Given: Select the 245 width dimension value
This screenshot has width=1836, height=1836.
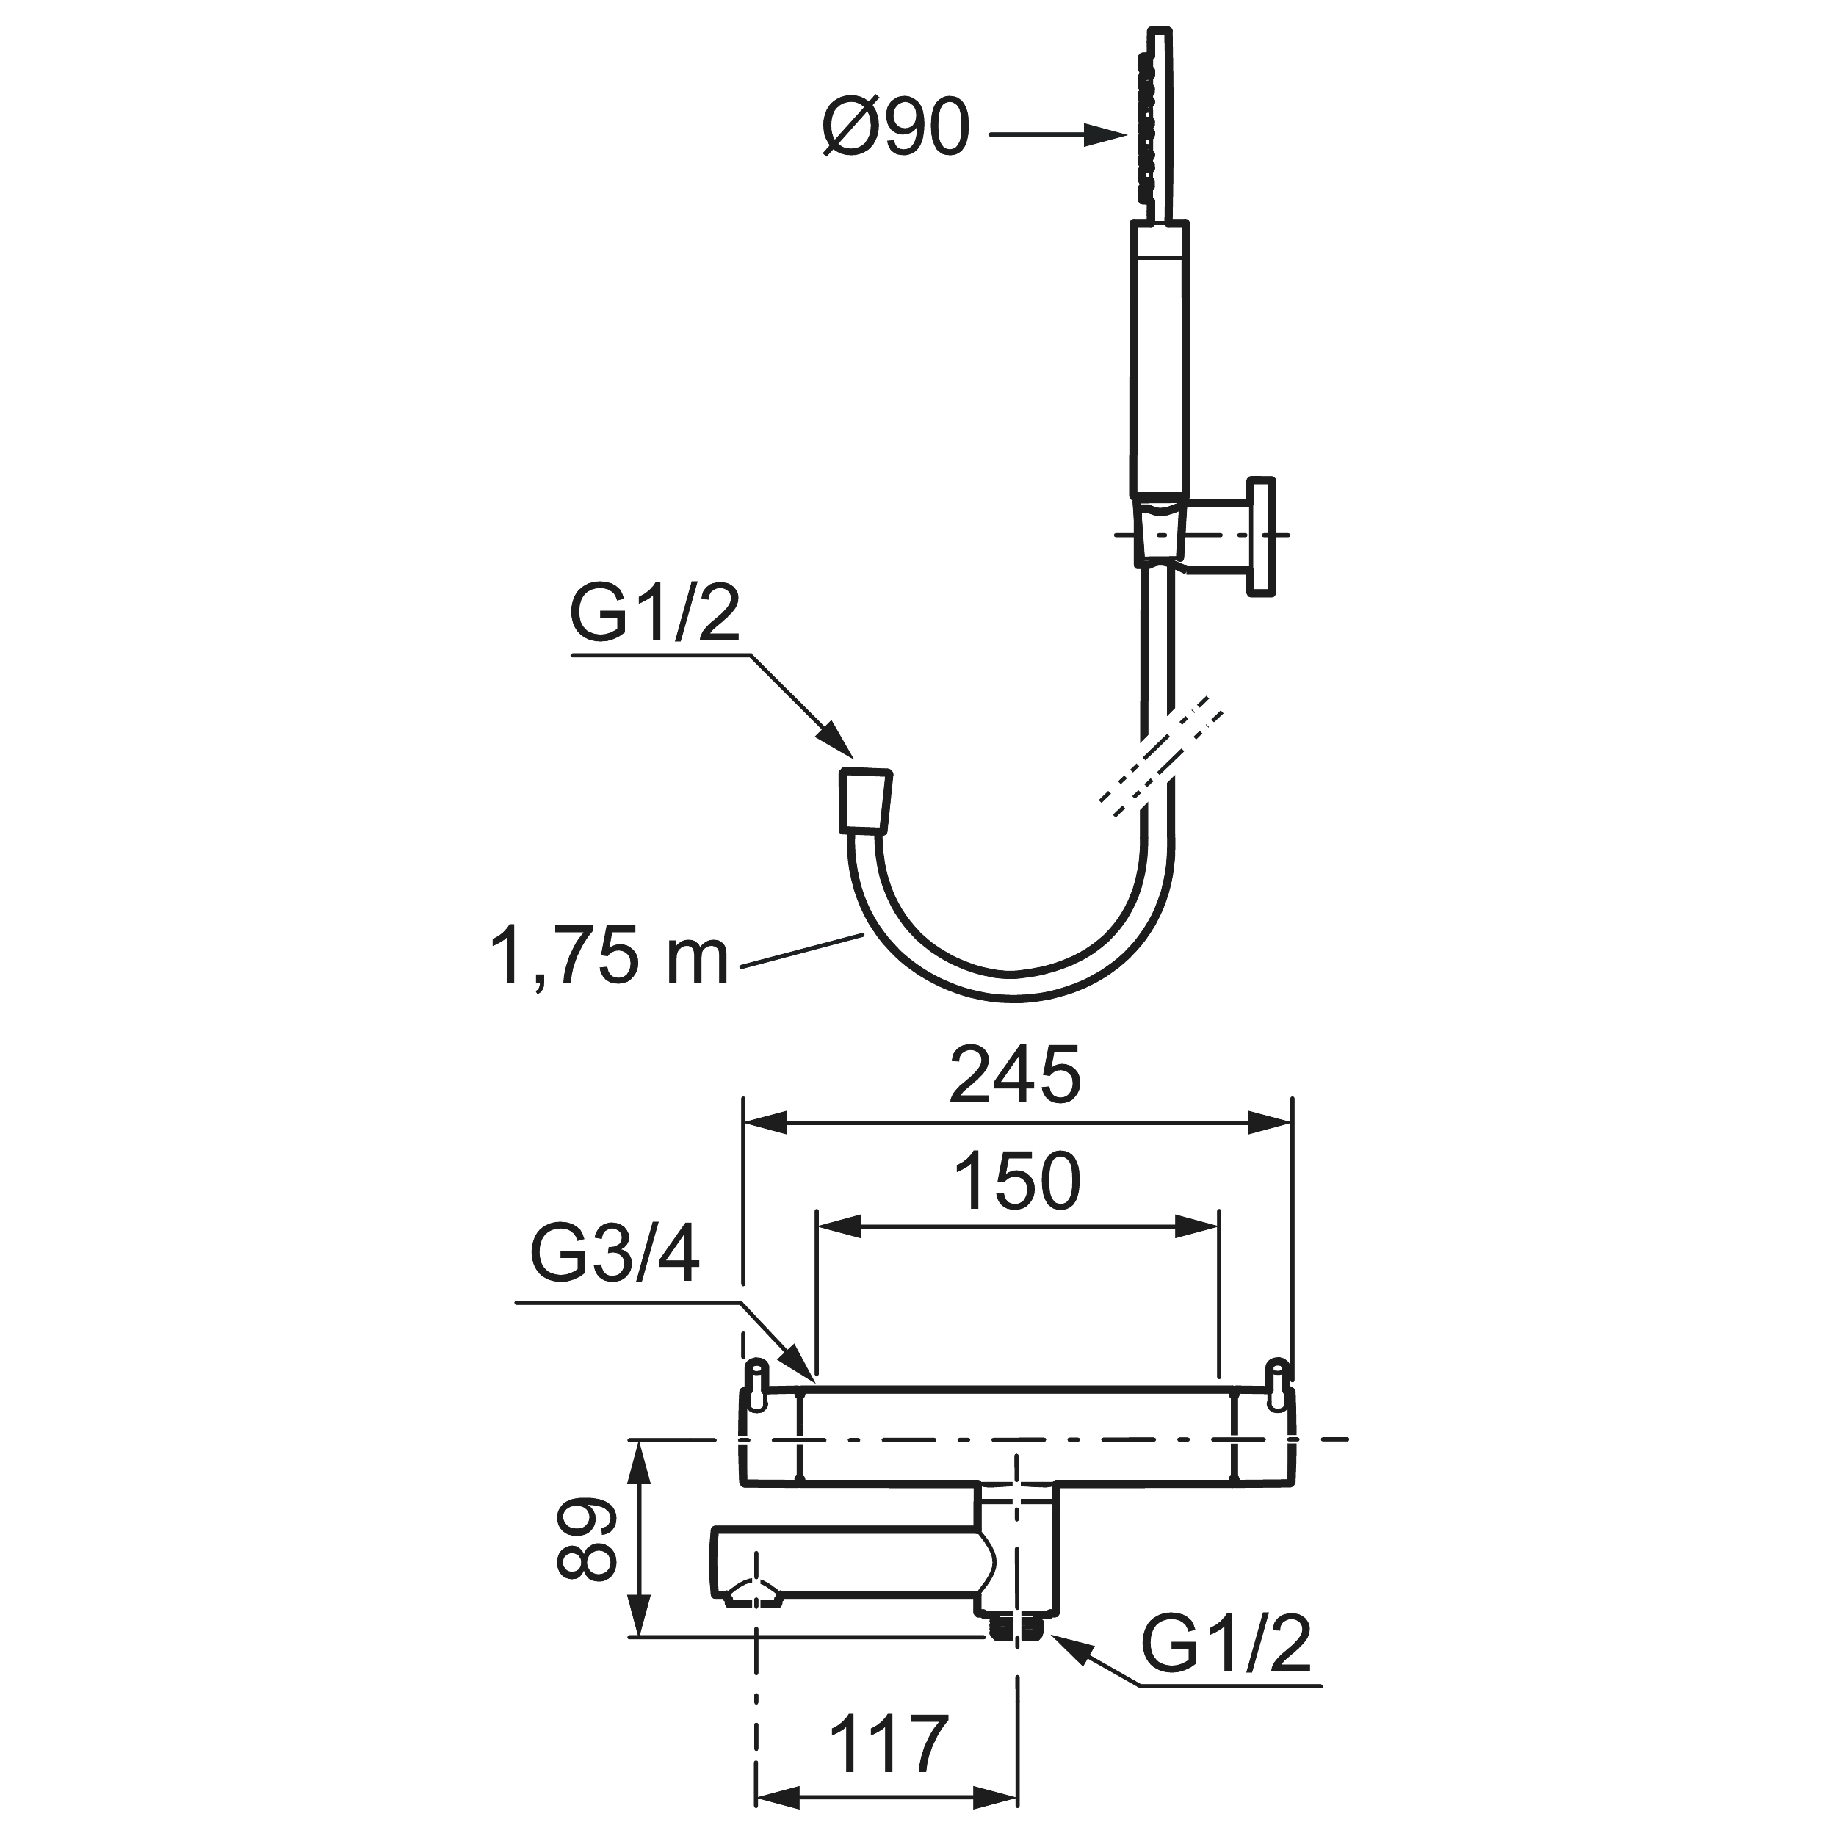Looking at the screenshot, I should (x=1015, y=1076).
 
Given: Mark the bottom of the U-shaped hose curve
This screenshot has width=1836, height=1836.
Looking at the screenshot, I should (x=1013, y=989).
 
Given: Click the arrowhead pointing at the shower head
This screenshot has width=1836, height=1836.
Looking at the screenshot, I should (x=1107, y=136).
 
